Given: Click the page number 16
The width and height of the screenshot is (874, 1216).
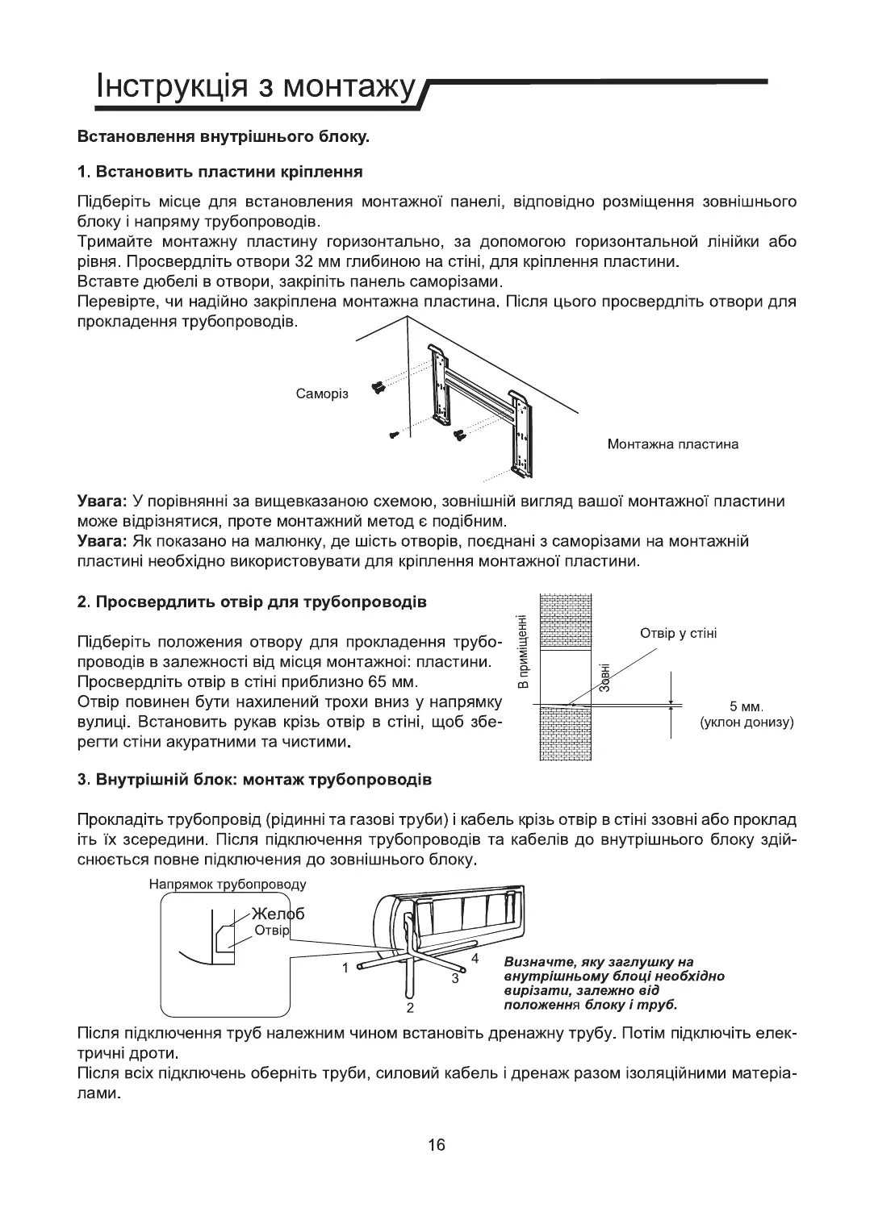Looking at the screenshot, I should tap(437, 1144).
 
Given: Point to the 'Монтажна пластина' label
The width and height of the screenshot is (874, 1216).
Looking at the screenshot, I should tap(672, 444).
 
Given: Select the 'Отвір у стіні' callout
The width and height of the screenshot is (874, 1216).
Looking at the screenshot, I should tap(678, 633).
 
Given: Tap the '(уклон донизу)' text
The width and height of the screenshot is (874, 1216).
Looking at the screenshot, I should tap(747, 722).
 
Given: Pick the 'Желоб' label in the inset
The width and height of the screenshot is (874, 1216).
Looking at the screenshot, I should tap(278, 914).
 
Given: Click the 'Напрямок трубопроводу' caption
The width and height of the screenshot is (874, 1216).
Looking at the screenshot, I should tap(228, 885).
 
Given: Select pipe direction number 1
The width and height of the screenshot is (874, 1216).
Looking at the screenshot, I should tap(345, 967).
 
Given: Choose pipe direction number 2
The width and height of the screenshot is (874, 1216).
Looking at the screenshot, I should tap(410, 1008).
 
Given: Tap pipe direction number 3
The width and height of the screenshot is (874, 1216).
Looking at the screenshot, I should tap(455, 978).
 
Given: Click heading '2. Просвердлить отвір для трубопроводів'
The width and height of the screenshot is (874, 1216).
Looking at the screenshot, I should tap(251, 602).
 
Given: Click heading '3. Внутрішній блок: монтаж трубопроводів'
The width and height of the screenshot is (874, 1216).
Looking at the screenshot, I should tap(254, 780).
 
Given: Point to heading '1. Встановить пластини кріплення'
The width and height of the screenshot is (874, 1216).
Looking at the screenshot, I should tap(220, 172).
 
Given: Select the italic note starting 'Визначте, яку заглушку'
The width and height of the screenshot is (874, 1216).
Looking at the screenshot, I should tap(613, 984).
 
